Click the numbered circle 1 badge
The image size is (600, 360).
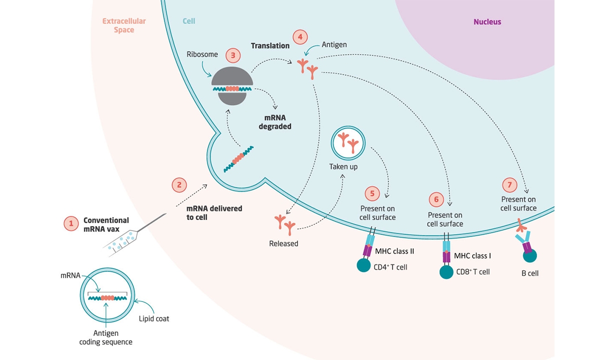pos(71,223)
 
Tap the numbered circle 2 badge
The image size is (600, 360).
pos(179,185)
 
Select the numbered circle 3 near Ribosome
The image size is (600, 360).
pos(233,55)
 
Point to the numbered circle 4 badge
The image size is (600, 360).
pos(300,37)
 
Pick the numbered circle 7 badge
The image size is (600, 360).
pos(509,185)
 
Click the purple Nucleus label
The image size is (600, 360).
pos(487,21)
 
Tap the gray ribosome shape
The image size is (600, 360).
pos(232,86)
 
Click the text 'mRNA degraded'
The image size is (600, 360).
pos(275,122)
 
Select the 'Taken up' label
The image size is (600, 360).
pos(343,167)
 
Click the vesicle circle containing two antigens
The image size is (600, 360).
pos(348,143)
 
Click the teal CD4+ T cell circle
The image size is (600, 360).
pos(363,265)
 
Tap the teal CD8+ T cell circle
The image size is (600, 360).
pos(446,272)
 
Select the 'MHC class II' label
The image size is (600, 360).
pos(394,251)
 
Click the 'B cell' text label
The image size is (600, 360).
pos(530,273)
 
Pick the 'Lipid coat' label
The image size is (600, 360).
pos(154,319)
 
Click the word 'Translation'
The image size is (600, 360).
pos(270,46)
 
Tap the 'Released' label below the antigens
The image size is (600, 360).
pos(283,244)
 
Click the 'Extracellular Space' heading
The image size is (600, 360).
pos(124,25)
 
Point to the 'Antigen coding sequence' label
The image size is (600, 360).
pos(106,337)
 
